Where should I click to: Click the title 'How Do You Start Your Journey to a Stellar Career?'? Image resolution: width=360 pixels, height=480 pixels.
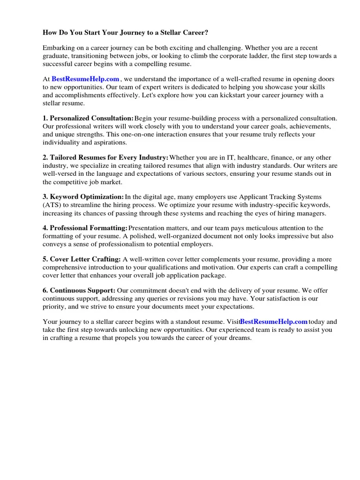125,33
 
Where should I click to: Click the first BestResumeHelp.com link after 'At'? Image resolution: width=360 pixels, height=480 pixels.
85,79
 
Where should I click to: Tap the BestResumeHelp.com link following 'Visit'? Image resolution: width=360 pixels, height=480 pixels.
274,322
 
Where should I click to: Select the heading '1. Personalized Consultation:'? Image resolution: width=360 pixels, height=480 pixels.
88,119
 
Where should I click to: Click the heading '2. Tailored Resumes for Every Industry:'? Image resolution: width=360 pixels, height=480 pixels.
105,158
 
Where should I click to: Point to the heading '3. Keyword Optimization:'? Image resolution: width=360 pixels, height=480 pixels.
83,197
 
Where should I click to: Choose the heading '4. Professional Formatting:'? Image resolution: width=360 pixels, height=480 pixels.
85,228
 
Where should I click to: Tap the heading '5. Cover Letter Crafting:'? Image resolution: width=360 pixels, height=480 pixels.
82,259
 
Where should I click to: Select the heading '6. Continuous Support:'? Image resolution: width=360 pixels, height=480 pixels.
79,291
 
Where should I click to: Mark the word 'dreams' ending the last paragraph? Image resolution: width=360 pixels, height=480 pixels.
240,337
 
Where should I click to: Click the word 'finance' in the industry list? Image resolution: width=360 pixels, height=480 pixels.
290,158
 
